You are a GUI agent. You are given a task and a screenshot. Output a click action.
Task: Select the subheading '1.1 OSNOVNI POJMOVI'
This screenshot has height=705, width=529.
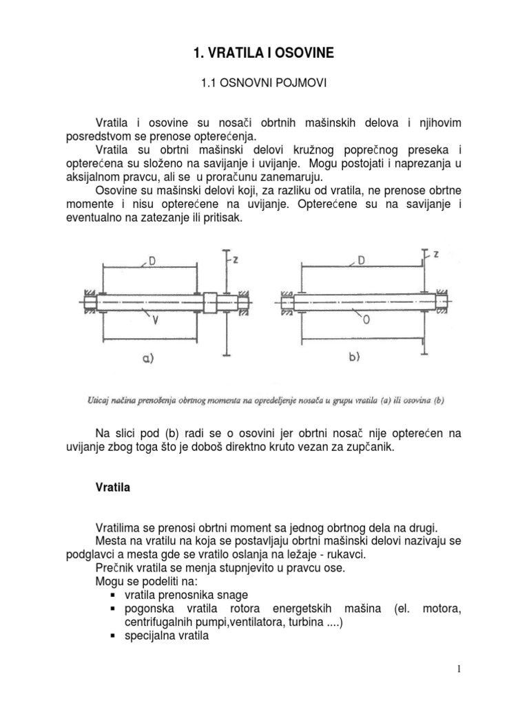[x=264, y=83]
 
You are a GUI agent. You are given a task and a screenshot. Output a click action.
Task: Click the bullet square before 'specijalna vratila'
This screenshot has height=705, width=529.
[x=113, y=637]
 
